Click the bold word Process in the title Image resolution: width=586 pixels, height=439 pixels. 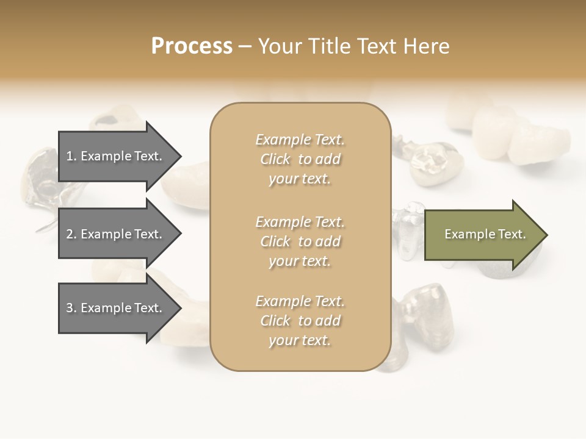[192, 46]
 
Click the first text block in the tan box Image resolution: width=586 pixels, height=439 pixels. [300, 159]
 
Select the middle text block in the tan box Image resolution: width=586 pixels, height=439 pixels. [300, 241]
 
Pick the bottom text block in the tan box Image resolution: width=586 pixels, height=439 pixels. [300, 321]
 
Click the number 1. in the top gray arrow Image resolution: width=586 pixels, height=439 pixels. [71, 156]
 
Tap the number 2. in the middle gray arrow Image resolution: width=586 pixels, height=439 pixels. [71, 234]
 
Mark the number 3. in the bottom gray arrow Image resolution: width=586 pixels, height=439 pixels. [71, 308]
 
